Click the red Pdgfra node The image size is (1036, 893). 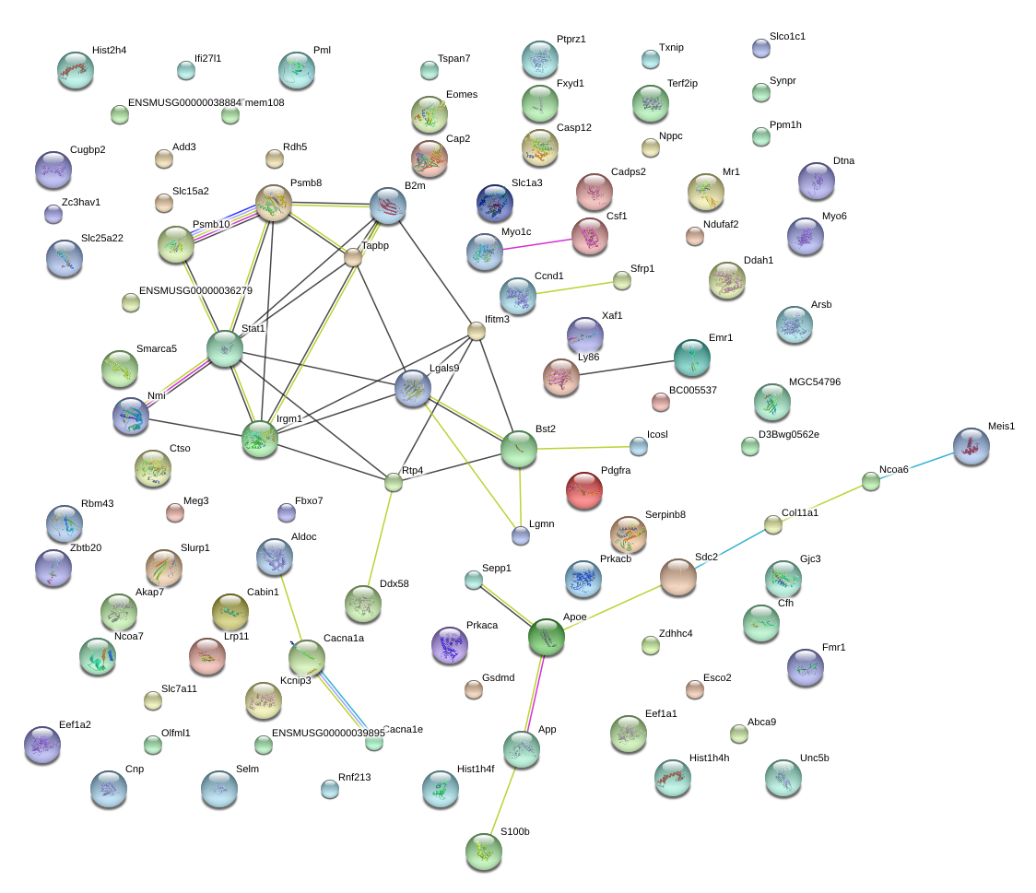pos(584,490)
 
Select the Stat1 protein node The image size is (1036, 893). pos(225,348)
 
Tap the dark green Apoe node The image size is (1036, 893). pos(547,638)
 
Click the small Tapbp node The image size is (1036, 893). pos(354,258)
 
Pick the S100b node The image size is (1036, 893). pos(484,852)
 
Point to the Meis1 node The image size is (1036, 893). pos(971,446)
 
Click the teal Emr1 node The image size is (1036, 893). pos(692,358)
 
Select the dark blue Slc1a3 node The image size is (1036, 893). pos(495,203)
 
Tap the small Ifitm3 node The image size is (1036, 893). pos(477,331)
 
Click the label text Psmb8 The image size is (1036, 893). pos(306,183)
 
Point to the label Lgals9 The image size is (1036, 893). pos(444,368)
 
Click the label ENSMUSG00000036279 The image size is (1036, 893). pos(195,290)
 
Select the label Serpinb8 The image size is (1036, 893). pos(665,514)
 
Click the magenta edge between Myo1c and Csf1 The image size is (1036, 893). pos(537,244)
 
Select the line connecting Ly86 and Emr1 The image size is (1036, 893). pos(627,368)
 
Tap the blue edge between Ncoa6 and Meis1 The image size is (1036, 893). pos(916,464)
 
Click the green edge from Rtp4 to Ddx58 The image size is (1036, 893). pos(379,538)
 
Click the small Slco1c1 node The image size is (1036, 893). pos(761,48)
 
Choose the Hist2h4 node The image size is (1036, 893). pos(76,70)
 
